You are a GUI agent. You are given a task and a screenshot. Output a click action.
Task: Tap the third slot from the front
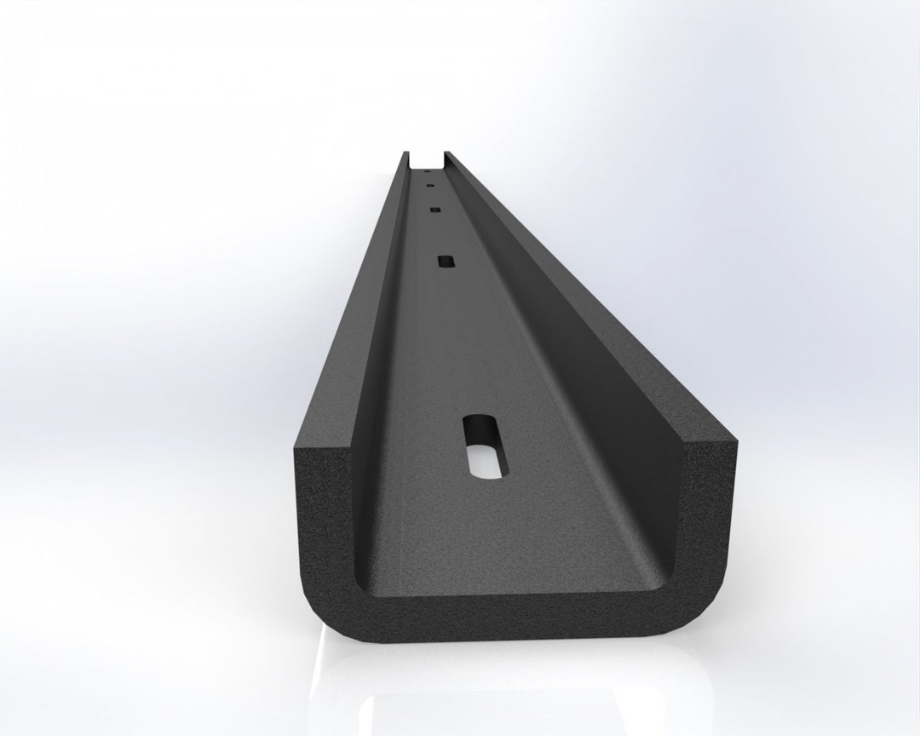434,209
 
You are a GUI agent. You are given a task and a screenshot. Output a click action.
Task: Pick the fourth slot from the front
429,181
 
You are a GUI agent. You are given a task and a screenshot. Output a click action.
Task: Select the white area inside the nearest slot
482,460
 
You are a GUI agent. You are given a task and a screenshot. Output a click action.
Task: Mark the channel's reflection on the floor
511,690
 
